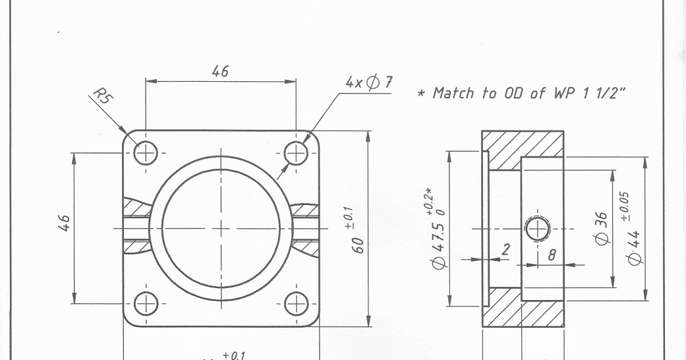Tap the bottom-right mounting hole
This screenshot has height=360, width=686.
pos(296,304)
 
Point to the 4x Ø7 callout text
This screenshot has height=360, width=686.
pos(369,83)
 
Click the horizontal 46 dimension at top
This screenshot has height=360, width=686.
pos(220,72)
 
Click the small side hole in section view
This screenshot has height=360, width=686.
pos(538,229)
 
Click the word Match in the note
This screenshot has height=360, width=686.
pos(453,93)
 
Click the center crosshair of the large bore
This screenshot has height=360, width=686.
pos(221,229)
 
